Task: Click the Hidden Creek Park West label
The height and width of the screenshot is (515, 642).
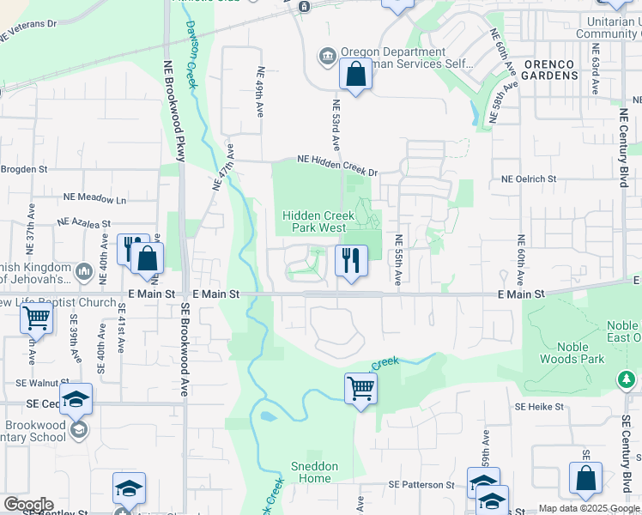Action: click(315, 221)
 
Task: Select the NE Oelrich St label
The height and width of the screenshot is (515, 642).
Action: click(529, 179)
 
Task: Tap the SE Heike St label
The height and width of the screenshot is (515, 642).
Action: click(539, 406)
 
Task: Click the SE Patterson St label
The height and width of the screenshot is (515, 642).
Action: click(421, 485)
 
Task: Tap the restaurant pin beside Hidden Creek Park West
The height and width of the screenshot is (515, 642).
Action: click(350, 260)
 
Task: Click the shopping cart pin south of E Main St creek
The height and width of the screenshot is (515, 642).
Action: click(361, 388)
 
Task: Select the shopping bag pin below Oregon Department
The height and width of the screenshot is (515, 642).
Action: click(355, 75)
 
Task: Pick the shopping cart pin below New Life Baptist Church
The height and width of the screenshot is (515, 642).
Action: click(36, 318)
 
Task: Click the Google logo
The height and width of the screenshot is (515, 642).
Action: click(27, 505)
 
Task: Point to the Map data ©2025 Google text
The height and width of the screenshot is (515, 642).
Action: click(589, 508)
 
